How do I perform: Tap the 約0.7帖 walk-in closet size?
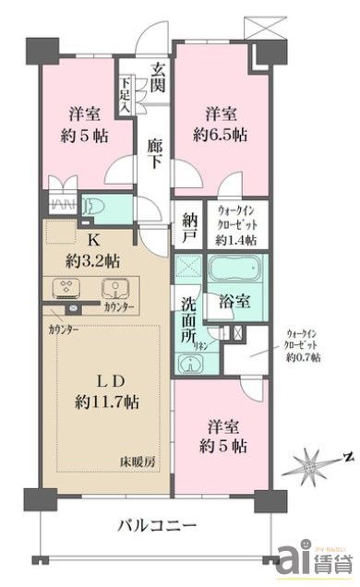coord(303,357)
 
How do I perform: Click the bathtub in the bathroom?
coord(233,272)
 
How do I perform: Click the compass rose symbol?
coord(314,459)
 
